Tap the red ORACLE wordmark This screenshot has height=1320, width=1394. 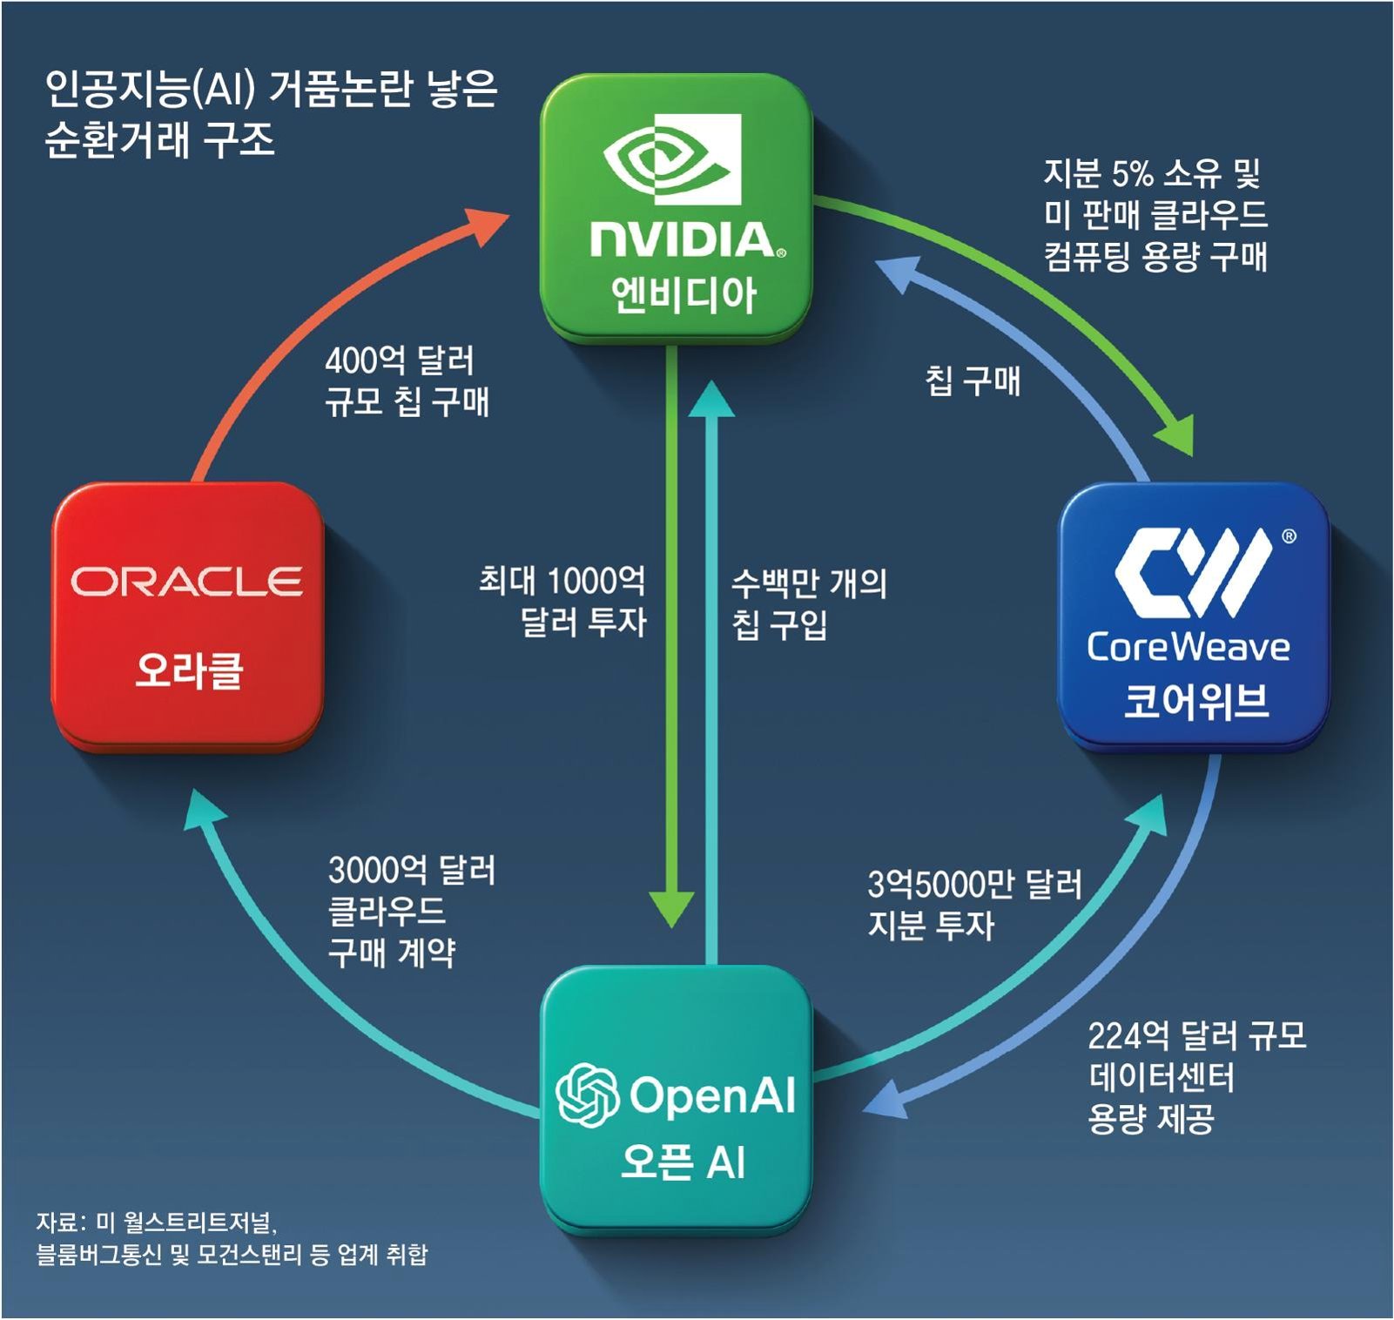coord(186,582)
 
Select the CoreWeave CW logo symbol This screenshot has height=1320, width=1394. coord(1192,572)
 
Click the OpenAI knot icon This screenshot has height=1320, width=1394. coord(587,1094)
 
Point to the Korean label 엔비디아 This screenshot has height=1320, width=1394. coord(683,295)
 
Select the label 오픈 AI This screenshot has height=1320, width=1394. coord(683,1162)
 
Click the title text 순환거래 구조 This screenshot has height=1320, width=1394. coord(159,139)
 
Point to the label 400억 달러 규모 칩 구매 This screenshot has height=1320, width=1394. coord(406,381)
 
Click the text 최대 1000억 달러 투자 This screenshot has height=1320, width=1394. coord(562,601)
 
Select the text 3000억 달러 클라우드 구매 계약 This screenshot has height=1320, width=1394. coord(411,911)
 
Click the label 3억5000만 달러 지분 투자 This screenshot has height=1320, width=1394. coord(973,904)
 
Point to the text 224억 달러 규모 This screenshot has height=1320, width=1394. coord(1196,1036)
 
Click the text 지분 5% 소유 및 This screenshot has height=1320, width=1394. coord(1151,174)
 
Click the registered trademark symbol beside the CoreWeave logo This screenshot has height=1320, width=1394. coord(1289,536)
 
